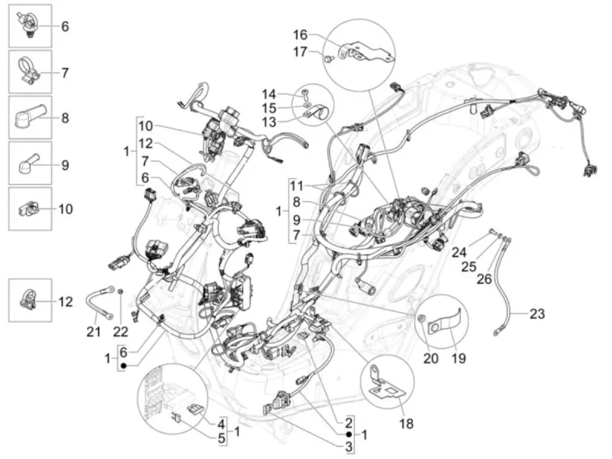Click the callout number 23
pyautogui.click(x=537, y=314)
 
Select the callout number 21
pyautogui.click(x=93, y=332)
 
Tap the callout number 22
pyautogui.click(x=121, y=332)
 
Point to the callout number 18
pyautogui.click(x=406, y=423)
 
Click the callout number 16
pyautogui.click(x=300, y=34)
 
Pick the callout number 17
pyautogui.click(x=300, y=51)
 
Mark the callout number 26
pyautogui.click(x=484, y=278)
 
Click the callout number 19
pyautogui.click(x=458, y=358)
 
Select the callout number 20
pyautogui.click(x=431, y=358)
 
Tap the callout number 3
pyautogui.click(x=349, y=448)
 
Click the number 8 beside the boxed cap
pyautogui.click(x=65, y=118)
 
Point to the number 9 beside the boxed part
pyautogui.click(x=65, y=165)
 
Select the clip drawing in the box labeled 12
pyautogui.click(x=28, y=301)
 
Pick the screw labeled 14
pyautogui.click(x=304, y=93)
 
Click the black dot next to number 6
pyautogui.click(x=123, y=366)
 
